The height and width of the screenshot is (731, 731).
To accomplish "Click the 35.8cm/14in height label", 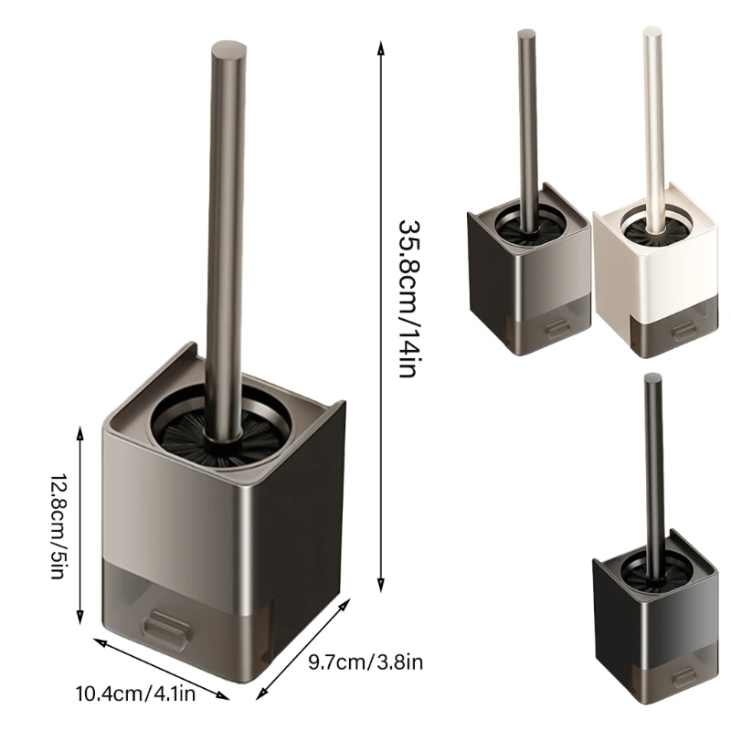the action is coord(407,298).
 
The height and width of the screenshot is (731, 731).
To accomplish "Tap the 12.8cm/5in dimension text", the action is coord(58,526).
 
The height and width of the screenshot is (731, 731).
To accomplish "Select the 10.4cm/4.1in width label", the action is coord(135,694).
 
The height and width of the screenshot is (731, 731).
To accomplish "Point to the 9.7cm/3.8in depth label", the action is coord(365,662).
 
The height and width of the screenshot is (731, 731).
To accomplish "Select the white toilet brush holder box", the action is coord(656,270).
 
